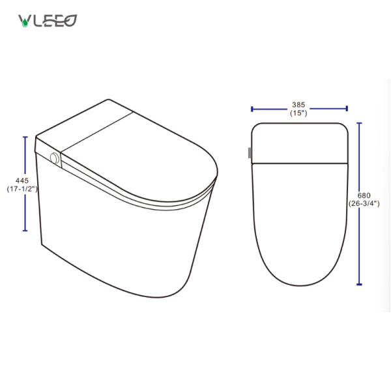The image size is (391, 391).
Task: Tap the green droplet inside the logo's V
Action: [x=25, y=22]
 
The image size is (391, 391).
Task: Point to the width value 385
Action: [x=298, y=104]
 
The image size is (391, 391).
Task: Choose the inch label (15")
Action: [x=298, y=113]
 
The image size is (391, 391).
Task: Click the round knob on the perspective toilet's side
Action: [x=55, y=158]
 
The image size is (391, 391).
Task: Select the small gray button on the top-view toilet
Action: [x=249, y=154]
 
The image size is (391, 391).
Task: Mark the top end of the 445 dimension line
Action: [x=25, y=137]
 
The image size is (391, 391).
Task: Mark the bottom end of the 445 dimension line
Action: [x=25, y=231]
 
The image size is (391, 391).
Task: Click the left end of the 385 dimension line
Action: [x=252, y=109]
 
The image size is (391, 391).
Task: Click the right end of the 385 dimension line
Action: [x=347, y=109]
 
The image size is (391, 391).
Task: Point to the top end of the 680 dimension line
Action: [x=359, y=123]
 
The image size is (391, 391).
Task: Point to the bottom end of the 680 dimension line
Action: [x=359, y=284]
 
